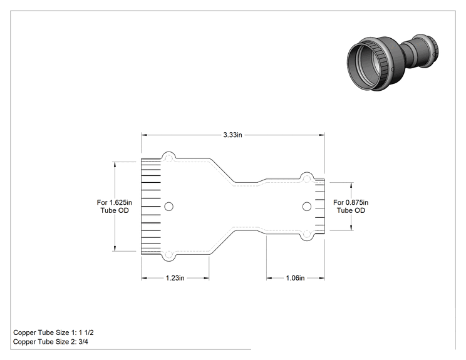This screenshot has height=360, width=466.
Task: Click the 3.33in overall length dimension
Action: coord(233,135)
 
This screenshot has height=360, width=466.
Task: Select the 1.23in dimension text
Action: coord(175,278)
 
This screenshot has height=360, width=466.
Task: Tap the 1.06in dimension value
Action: coord(295,278)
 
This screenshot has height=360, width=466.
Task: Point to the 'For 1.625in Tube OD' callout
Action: coord(115,207)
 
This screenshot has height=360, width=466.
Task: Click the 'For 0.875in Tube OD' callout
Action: coord(351,207)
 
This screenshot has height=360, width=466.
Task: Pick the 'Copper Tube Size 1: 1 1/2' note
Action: coord(53,332)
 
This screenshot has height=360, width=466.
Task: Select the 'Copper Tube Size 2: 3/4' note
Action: coord(51,342)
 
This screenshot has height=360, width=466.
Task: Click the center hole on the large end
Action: coord(169,207)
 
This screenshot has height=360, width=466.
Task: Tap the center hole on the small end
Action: coord(307,207)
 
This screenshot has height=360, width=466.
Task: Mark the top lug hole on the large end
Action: coord(168,158)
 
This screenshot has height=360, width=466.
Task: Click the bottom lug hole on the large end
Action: coord(168,255)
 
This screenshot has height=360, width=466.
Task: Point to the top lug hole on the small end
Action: coord(306,178)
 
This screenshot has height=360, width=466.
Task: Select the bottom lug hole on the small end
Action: coord(306,235)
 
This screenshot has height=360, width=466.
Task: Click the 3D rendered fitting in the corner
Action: coord(393,63)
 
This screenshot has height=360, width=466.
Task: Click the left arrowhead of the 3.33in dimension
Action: coord(144,135)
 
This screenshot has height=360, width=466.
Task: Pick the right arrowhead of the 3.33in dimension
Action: coord(321,135)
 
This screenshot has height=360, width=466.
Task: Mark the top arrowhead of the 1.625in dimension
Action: coord(115,165)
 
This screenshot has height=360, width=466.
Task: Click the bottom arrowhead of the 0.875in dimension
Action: coord(351,227)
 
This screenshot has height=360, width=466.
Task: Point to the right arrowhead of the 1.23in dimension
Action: coord(206,278)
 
